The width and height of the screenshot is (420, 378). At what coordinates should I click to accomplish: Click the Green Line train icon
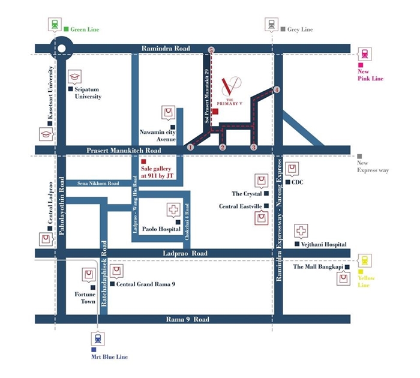click(55, 25)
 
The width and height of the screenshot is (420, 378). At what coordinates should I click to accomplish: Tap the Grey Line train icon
click(271, 25)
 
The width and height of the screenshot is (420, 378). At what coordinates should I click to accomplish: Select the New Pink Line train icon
click(365, 54)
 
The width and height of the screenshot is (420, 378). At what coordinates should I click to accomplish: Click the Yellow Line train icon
click(365, 260)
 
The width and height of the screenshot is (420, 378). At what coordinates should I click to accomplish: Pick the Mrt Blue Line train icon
click(98, 338)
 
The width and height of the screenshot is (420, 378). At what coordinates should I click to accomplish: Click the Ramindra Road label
click(166, 49)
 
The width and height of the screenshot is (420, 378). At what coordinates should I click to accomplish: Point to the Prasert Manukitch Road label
click(124, 151)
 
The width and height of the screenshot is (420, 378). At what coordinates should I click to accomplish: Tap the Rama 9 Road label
click(187, 319)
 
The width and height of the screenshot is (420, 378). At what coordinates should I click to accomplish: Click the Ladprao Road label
click(185, 253)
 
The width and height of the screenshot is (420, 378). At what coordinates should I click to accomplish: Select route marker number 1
click(190, 147)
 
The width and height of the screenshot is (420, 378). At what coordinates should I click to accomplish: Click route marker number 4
click(277, 90)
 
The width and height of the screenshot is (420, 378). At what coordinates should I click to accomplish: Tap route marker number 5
click(212, 50)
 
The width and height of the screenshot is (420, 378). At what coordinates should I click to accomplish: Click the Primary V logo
click(230, 91)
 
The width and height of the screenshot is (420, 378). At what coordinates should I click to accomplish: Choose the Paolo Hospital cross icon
click(173, 210)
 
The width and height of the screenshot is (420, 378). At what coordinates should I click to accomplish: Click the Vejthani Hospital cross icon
click(301, 231)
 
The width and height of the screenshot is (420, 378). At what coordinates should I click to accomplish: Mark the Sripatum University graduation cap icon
click(74, 77)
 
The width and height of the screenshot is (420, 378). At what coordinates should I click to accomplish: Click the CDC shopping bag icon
click(292, 169)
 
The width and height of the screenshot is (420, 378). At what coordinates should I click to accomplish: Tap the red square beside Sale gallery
click(143, 161)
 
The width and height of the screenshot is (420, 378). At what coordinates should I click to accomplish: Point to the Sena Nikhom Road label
click(98, 184)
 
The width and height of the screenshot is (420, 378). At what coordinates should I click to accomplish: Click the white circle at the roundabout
click(62, 49)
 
